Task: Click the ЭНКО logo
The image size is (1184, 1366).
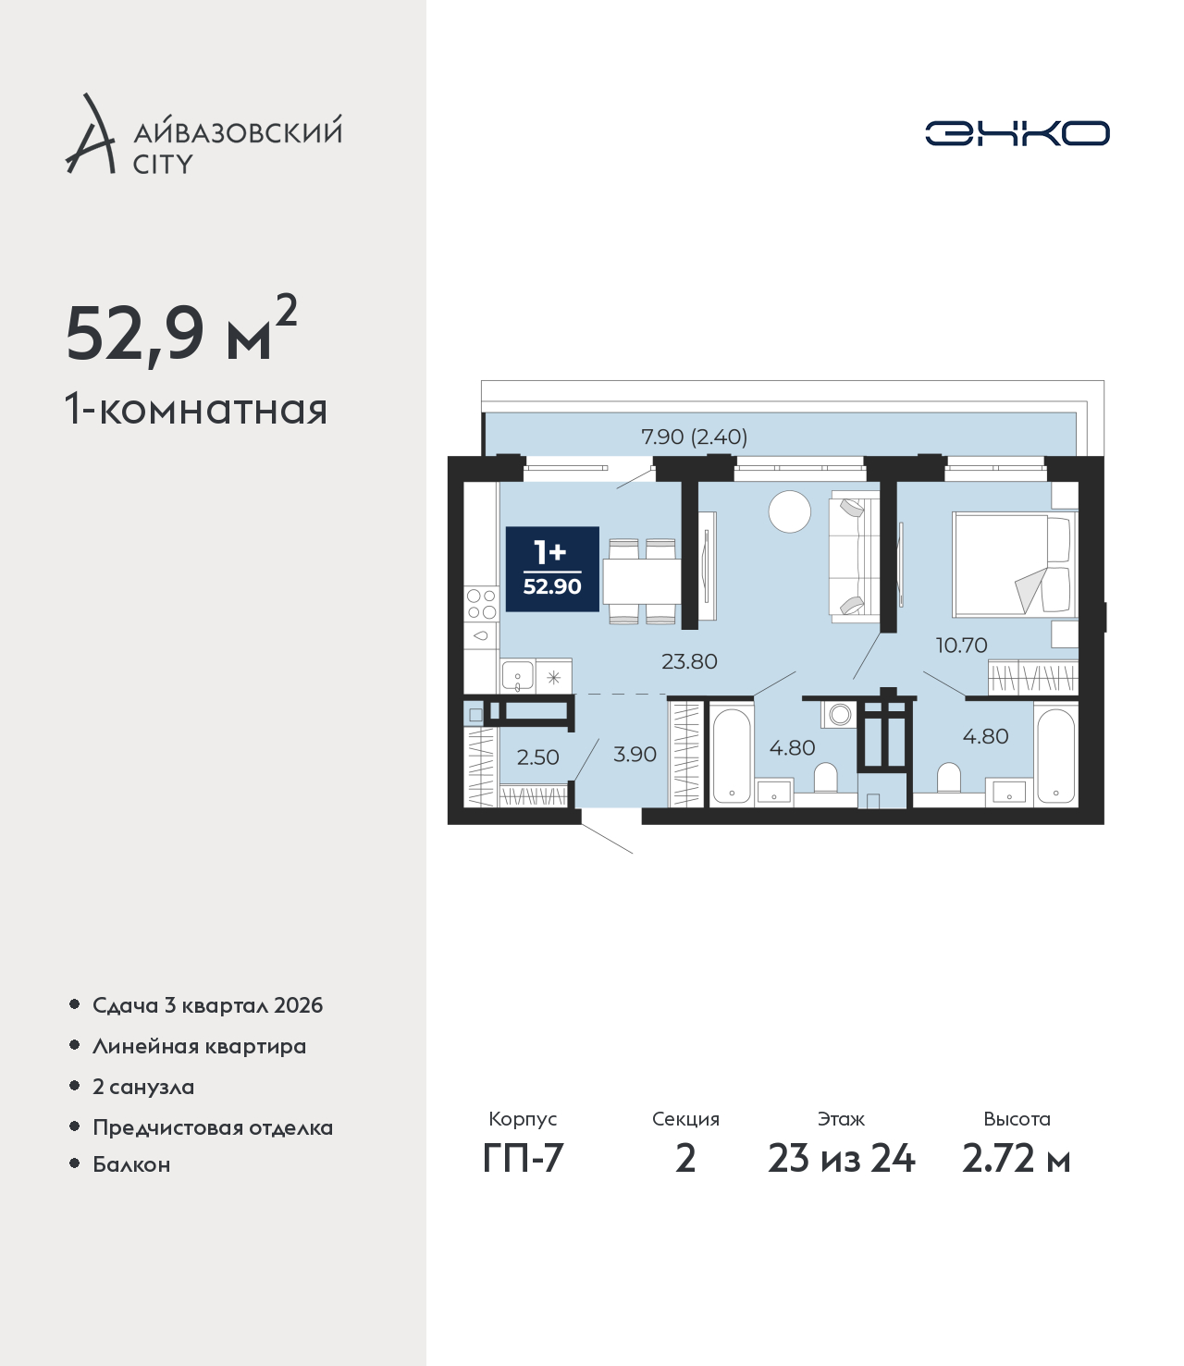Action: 1017,133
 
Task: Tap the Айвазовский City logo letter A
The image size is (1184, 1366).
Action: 91,135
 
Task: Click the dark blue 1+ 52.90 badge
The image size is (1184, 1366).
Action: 552,569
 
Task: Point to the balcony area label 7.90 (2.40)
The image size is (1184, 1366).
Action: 694,437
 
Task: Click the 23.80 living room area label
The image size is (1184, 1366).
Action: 689,661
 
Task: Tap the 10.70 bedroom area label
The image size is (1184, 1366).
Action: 961,645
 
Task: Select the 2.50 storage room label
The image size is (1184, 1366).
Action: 537,757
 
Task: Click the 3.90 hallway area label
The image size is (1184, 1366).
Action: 635,754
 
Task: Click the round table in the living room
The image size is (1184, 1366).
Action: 790,511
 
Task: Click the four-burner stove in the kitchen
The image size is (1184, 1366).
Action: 481,605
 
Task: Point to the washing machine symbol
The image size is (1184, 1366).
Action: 840,714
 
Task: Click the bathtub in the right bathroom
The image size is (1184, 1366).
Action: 1055,756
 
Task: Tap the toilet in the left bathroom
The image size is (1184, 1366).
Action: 826,778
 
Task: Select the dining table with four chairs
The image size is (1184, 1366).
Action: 642,581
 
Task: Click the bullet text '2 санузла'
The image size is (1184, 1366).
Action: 143,1087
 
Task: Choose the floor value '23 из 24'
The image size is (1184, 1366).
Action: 841,1159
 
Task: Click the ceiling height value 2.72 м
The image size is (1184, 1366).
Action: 1016,1159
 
